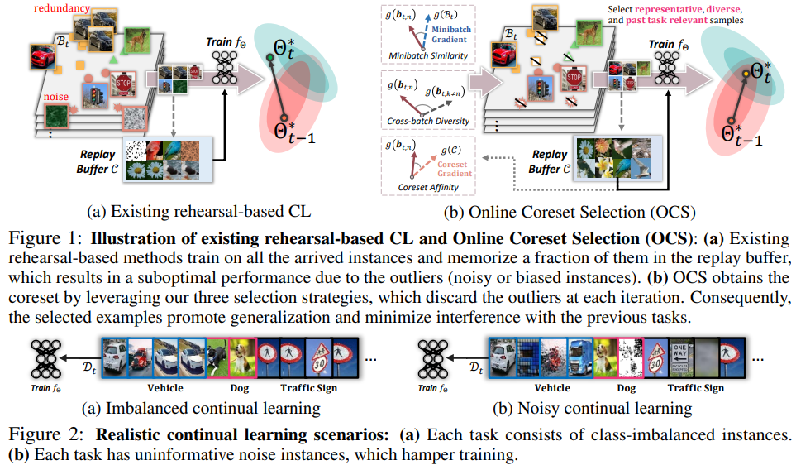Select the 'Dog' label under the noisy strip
tap(626, 388)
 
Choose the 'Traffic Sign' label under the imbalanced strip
tap(307, 388)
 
